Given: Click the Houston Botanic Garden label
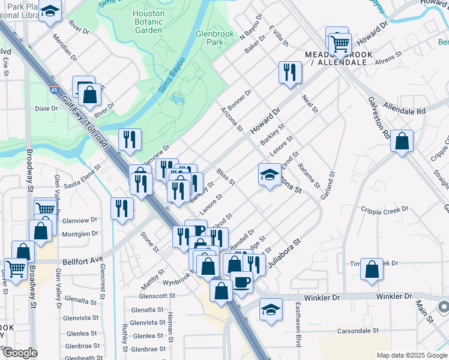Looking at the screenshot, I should tap(148, 22).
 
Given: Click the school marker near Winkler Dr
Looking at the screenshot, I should tap(271, 310).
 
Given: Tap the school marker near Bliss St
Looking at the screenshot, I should tap(270, 175).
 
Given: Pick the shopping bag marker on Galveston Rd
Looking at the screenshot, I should tap(402, 141).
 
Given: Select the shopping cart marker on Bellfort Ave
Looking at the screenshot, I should tap(15, 268).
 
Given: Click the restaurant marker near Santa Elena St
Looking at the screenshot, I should tap(122, 208).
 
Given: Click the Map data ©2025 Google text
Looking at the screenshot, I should tap(411, 355).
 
